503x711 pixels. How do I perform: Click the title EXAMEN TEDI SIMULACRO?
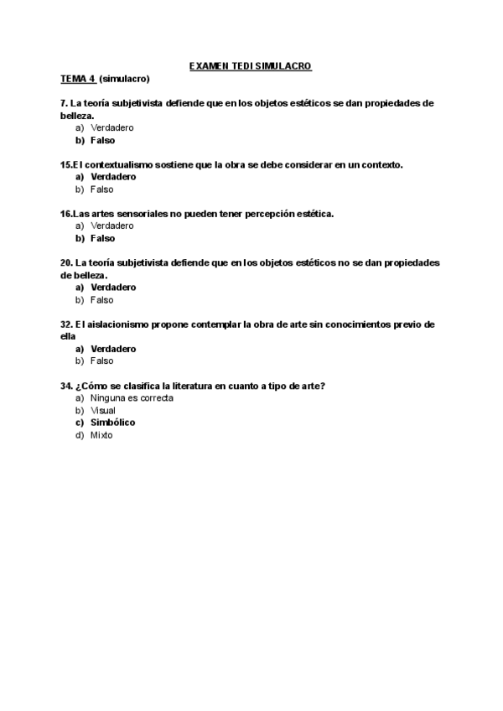click(251, 65)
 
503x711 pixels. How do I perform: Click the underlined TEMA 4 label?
click(78, 79)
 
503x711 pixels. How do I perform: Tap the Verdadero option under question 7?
click(111, 127)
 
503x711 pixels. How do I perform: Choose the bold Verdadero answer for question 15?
click(113, 177)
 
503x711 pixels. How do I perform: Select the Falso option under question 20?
click(101, 299)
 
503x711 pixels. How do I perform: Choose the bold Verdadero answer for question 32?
click(113, 349)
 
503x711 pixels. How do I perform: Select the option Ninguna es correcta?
click(132, 398)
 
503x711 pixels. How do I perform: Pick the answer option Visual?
click(103, 411)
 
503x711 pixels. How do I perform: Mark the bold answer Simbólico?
click(112, 423)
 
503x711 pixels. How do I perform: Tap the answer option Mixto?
click(101, 435)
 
